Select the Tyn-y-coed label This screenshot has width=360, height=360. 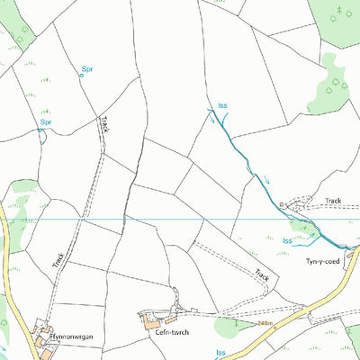point(323,260)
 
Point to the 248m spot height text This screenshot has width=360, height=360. point(264,322)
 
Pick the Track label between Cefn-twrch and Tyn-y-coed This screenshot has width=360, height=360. point(262,276)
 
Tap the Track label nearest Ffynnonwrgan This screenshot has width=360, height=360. point(58,261)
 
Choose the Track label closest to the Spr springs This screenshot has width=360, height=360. point(105,125)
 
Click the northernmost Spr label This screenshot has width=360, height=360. point(87,68)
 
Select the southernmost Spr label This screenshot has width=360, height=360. point(46,121)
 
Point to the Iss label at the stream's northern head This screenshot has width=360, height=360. point(222,105)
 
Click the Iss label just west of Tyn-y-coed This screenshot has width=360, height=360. point(288,240)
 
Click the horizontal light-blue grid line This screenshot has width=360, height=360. point(180,220)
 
